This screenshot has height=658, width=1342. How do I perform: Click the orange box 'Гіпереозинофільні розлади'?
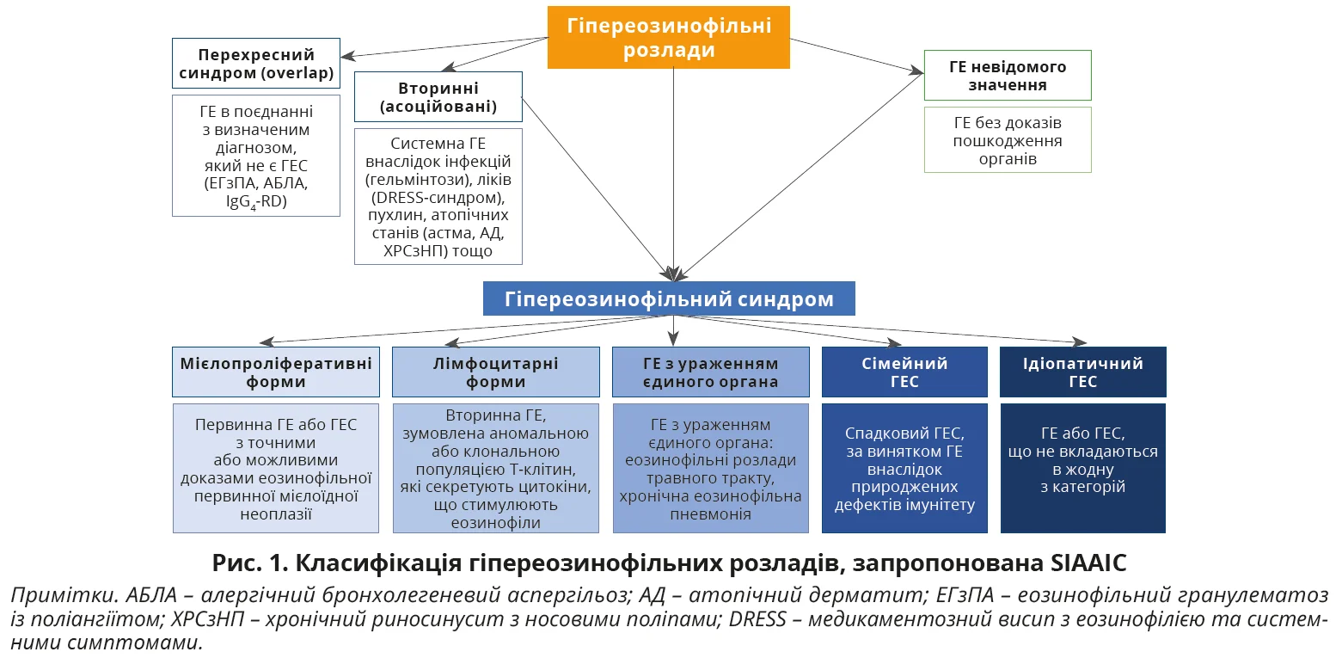click(x=668, y=37)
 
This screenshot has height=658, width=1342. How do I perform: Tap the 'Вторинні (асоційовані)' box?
click(x=438, y=97)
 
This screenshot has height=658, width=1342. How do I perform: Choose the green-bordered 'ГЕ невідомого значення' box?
click(x=1007, y=75)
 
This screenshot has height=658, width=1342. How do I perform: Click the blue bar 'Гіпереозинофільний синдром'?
click(x=669, y=299)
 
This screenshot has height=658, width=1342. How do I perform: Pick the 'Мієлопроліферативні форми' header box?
click(x=276, y=372)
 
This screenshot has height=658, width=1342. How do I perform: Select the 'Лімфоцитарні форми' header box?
click(x=495, y=372)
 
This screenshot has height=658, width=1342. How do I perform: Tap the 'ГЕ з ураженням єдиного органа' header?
click(x=710, y=372)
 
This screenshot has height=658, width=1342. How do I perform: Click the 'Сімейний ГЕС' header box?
click(x=904, y=372)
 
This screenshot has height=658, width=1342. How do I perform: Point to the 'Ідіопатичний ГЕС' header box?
click(x=1082, y=372)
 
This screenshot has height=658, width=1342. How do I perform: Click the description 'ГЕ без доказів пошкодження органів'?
click(x=1007, y=140)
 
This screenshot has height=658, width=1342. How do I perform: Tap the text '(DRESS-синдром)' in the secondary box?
click(x=438, y=197)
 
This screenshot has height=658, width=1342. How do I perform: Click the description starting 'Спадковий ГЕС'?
click(x=904, y=468)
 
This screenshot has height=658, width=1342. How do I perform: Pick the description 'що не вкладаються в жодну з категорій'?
click(x=1082, y=469)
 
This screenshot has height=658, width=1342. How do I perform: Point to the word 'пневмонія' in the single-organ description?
click(x=710, y=514)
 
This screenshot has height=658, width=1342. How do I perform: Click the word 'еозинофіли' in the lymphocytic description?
click(x=495, y=523)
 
